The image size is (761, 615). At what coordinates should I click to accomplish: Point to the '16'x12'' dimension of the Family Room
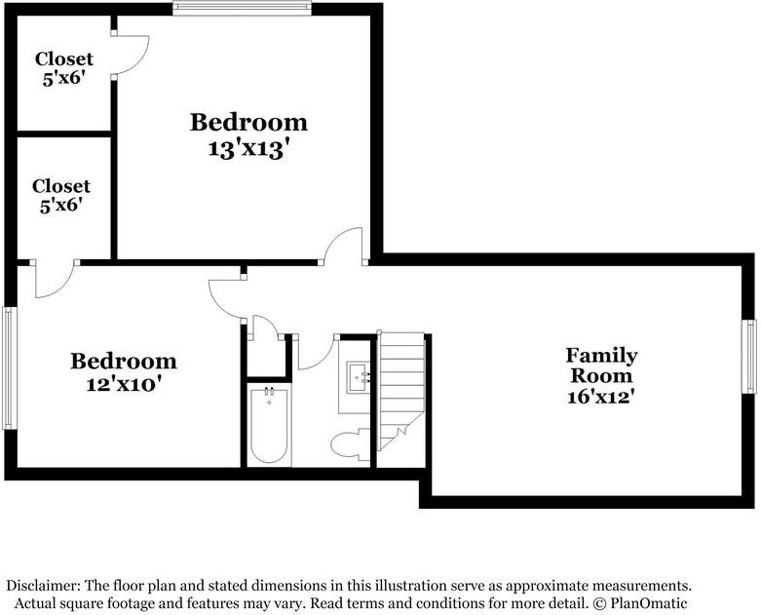(602, 396)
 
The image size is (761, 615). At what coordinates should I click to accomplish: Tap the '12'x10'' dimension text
(123, 383)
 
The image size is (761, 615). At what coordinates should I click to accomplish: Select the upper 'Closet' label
(63, 59)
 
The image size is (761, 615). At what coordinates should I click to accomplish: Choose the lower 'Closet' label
(60, 185)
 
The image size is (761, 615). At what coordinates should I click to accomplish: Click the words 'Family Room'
(602, 365)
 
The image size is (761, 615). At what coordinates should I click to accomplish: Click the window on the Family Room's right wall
(751, 356)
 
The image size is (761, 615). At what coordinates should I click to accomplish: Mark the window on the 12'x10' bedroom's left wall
(8, 367)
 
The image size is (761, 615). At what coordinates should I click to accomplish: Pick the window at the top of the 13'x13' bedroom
(242, 9)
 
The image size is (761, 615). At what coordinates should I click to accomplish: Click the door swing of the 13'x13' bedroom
(344, 246)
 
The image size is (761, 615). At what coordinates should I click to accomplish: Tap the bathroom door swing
(314, 354)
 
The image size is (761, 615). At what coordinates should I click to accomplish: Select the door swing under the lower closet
(54, 281)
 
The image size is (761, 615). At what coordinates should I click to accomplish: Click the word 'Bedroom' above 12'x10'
(123, 362)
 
